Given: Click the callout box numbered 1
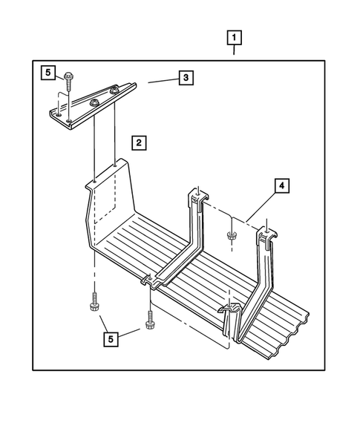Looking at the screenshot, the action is point(234,37).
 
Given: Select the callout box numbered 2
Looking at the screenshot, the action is point(139,143).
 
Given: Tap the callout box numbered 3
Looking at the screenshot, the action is point(186,77).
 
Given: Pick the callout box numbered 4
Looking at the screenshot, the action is point(282,185).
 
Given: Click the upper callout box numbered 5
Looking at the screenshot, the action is point(48,73).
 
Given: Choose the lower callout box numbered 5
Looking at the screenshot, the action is point(111,340).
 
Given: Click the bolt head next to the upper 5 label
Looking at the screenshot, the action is point(68,76).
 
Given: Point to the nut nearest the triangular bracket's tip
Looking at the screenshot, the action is point(114,90).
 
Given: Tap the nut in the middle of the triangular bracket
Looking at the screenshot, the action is point(94,103).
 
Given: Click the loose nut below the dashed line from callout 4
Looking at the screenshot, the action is point(231,235).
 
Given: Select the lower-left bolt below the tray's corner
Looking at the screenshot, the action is point(94,302).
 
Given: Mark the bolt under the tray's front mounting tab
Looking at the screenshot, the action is point(150,321).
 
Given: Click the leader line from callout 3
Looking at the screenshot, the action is point(163,81).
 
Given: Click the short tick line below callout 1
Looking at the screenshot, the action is point(234,50).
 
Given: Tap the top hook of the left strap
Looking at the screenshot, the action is point(198,197).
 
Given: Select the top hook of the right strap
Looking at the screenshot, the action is point(267,234).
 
